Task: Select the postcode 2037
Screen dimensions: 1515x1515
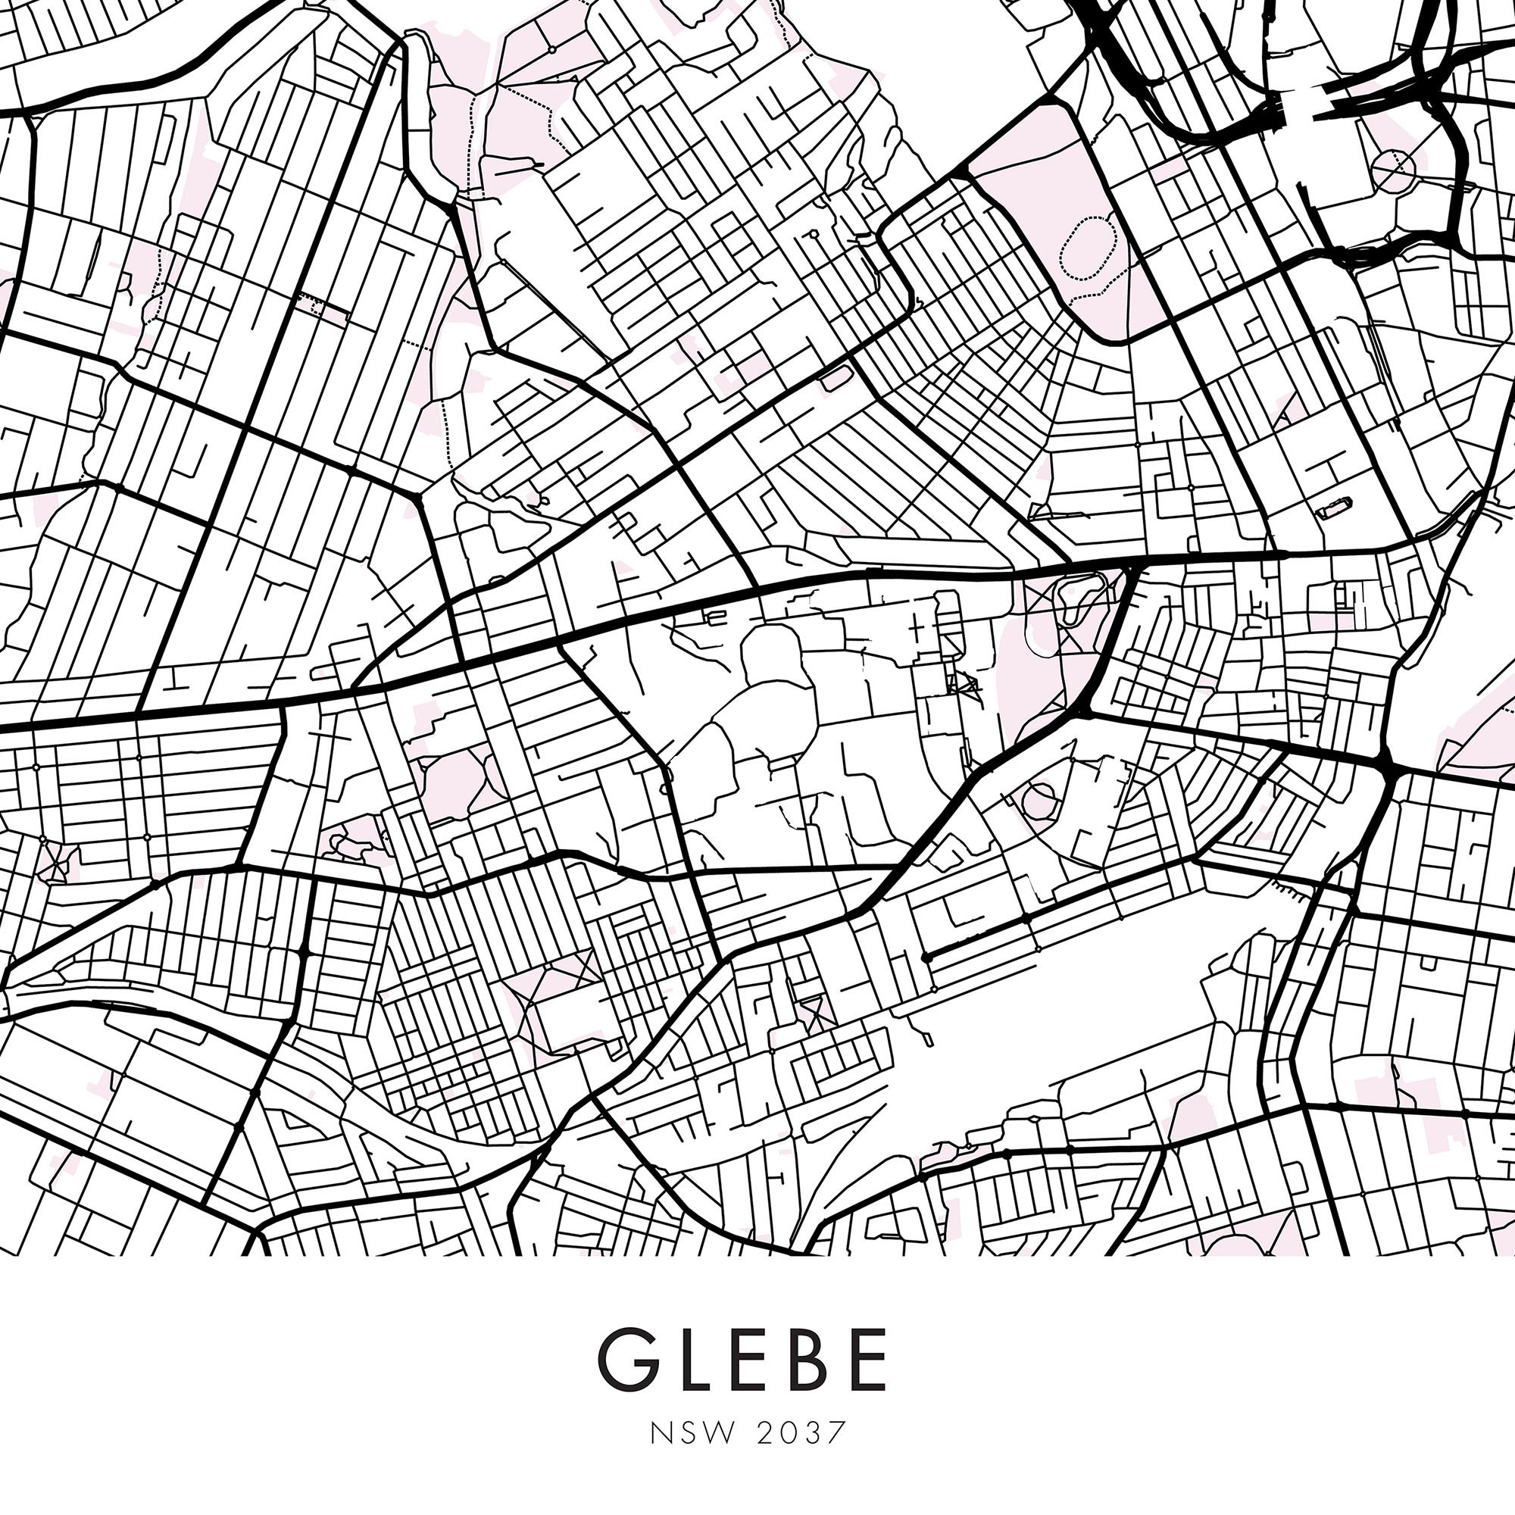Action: click(x=802, y=1432)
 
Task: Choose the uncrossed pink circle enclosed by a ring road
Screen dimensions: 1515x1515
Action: click(x=1041, y=800)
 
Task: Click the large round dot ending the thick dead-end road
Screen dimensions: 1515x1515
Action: click(x=926, y=957)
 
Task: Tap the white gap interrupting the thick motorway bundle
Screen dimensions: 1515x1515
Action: click(x=1298, y=110)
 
